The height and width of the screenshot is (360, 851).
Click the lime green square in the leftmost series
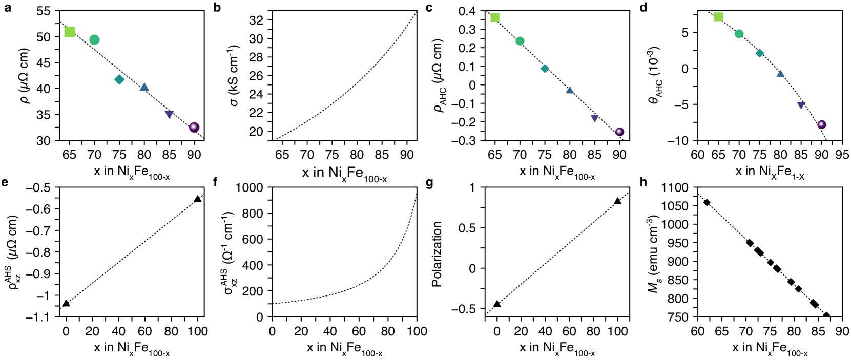70,32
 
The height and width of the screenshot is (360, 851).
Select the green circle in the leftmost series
94,40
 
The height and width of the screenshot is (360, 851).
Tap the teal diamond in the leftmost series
119,79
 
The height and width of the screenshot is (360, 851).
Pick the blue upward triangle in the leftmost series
144,87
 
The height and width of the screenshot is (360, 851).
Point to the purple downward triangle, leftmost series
169,114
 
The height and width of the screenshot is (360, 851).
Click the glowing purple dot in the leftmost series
194,127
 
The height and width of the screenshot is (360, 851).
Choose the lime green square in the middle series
495,17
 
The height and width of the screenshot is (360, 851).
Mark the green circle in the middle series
520,41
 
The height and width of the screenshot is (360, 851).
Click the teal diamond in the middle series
545,69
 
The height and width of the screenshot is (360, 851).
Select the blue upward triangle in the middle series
570,90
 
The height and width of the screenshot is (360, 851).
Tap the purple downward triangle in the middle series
594,118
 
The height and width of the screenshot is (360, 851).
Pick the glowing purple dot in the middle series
619,132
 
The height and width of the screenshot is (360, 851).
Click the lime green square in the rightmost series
718,17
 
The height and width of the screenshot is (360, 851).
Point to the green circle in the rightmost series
739,34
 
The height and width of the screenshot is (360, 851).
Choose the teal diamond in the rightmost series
759,53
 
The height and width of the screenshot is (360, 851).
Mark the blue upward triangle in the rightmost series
780,73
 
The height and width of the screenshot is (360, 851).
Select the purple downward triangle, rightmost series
801,105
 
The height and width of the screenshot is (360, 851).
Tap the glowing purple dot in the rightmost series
821,124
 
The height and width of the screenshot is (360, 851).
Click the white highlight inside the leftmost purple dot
193,126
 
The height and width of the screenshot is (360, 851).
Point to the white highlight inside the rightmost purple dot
821,123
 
